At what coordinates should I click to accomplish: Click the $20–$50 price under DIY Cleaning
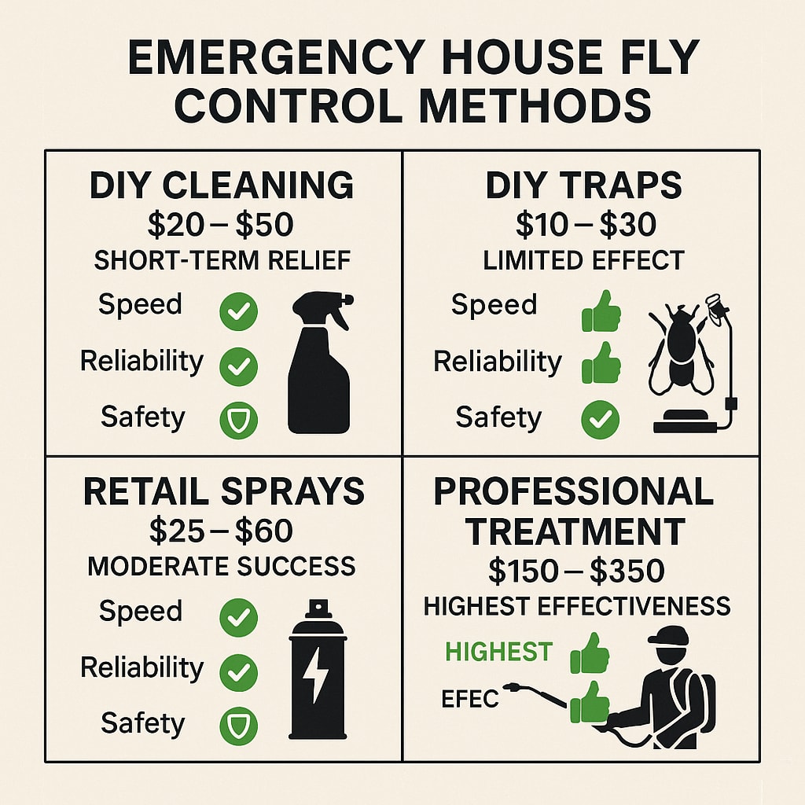[x=221, y=225]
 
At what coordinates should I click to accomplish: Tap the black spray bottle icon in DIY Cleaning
[x=319, y=362]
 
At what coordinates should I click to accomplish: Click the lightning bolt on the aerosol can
[x=315, y=675]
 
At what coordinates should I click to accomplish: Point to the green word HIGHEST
[x=499, y=652]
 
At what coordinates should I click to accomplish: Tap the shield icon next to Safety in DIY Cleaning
[x=239, y=421]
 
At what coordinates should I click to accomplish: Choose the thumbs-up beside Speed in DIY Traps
[x=601, y=311]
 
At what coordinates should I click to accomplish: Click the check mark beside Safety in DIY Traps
[x=600, y=420]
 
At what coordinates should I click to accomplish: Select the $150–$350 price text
[x=576, y=571]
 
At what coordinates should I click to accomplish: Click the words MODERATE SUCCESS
[x=222, y=566]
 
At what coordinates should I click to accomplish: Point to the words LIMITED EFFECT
[x=584, y=260]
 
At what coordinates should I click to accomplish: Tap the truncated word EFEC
[x=470, y=699]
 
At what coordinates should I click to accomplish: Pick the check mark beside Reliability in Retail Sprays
[x=239, y=673]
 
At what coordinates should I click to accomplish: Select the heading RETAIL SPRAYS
[x=224, y=491]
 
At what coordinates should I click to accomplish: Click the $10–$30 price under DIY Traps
[x=586, y=225]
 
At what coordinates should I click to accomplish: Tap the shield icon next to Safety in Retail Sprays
[x=239, y=726]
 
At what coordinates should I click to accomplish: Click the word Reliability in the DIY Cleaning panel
[x=142, y=362]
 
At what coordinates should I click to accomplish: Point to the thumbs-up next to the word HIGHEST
[x=590, y=653]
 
